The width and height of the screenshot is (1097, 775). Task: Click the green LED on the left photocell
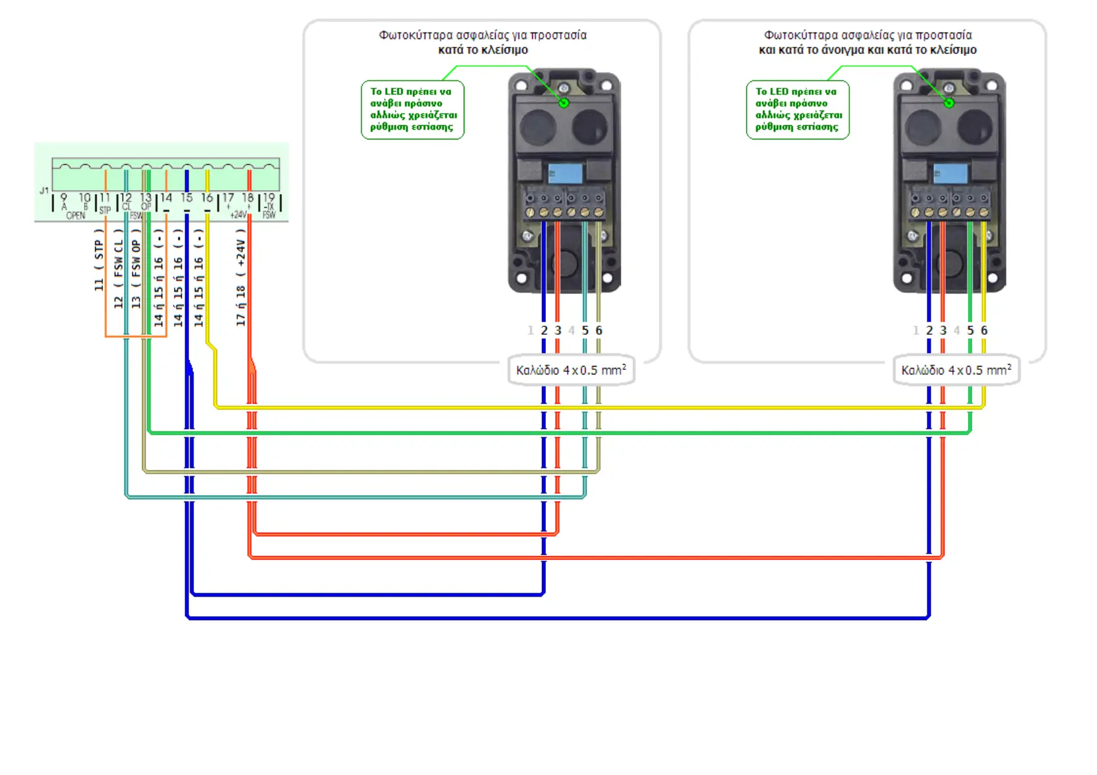click(564, 103)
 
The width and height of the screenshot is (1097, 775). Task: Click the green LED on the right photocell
click(949, 103)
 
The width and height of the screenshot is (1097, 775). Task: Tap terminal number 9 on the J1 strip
click(63, 197)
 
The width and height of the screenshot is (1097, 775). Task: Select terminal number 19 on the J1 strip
click(268, 197)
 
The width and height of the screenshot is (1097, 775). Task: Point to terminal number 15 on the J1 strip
click(187, 197)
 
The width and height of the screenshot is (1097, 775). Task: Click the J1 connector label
click(44, 191)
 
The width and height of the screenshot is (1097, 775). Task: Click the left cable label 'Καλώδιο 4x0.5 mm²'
click(571, 370)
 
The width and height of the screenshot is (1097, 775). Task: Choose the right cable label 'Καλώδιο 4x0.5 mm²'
click(956, 370)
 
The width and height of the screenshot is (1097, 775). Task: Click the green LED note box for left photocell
click(412, 109)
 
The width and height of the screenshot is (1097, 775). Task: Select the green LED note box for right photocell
click(797, 109)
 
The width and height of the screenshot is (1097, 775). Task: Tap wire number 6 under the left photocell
click(599, 331)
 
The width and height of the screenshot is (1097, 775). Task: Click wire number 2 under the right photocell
click(929, 331)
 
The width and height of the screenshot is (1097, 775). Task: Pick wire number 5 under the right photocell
click(970, 331)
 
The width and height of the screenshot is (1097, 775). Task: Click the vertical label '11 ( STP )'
click(99, 260)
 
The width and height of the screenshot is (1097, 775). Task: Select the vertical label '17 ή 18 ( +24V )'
click(241, 277)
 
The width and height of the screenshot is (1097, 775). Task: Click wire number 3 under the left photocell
click(558, 331)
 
